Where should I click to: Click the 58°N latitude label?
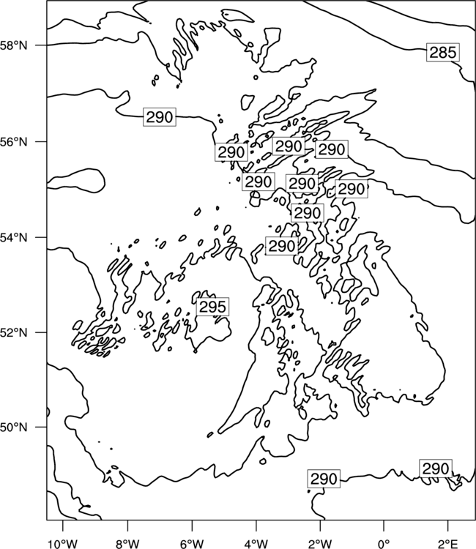click(13, 45)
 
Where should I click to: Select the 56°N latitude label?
click(13, 142)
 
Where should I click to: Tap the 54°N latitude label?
click(13, 237)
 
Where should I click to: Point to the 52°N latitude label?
click(13, 332)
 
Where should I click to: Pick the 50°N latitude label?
click(13, 427)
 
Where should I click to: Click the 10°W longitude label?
click(63, 544)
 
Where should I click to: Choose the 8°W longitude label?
click(127, 544)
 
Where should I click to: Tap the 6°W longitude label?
click(192, 544)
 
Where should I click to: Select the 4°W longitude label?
click(256, 544)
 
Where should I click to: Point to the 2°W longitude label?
click(320, 544)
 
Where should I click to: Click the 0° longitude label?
click(384, 544)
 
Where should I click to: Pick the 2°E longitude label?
click(448, 544)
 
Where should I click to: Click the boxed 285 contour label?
click(443, 53)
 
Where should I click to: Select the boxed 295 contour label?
click(212, 307)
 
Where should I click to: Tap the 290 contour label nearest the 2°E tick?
click(436, 468)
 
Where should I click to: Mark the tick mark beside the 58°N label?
click(40, 45)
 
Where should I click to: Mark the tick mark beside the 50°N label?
click(40, 427)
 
